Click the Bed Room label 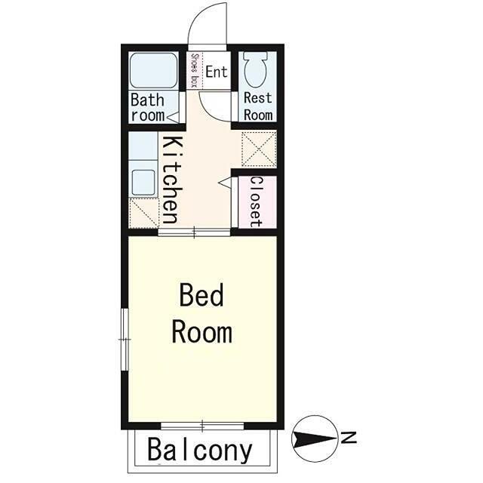click(202, 314)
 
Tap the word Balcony click(200, 450)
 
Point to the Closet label click(256, 202)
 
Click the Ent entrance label click(217, 72)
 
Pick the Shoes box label click(194, 70)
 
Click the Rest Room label click(258, 106)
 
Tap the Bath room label click(147, 107)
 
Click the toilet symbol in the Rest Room click(255, 68)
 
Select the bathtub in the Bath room click(153, 70)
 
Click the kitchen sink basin click(143, 182)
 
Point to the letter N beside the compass click(348, 438)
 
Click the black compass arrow click(315, 438)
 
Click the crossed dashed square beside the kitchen click(259, 149)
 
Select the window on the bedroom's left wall click(125, 340)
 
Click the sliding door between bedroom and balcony click(202, 426)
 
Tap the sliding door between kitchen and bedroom click(194, 232)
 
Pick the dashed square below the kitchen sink click(143, 213)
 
